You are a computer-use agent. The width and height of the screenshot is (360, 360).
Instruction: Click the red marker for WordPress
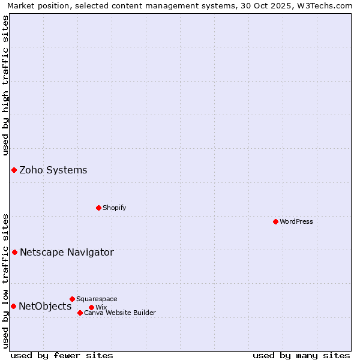tap(275, 221)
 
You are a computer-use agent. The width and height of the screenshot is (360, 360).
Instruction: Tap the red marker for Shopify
tap(98, 208)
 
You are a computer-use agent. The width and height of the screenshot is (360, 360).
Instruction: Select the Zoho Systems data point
tap(14, 170)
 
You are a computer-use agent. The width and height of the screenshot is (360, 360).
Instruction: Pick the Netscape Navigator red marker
tap(14, 252)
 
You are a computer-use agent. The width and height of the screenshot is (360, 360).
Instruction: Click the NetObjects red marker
tap(13, 306)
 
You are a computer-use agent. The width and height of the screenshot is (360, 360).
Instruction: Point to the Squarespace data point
tap(72, 299)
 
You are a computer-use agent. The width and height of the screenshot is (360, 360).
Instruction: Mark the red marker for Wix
tap(91, 307)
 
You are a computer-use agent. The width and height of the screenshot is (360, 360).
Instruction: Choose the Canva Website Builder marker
tap(80, 313)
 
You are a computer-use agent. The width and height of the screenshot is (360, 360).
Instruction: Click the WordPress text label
tap(296, 221)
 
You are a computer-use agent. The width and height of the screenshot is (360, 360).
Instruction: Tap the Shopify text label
tap(115, 208)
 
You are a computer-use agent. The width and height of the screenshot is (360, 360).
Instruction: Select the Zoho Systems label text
tap(53, 170)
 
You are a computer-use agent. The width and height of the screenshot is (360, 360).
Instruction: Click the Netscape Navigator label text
tap(67, 253)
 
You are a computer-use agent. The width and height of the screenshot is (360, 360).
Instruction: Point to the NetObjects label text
tap(45, 307)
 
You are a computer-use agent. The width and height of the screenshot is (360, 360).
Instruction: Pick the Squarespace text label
tap(97, 299)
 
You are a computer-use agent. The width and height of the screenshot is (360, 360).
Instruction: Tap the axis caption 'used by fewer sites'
tap(62, 355)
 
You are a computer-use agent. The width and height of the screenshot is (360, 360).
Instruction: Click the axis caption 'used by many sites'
tap(301, 355)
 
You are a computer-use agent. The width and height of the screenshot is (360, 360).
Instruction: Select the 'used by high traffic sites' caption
tap(5, 85)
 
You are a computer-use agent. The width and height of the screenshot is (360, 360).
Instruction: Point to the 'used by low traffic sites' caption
tap(5, 281)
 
